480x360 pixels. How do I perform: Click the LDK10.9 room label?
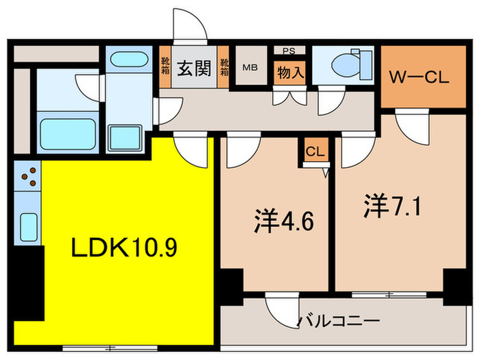(x=125, y=248)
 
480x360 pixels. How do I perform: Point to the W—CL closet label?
(x=419, y=77)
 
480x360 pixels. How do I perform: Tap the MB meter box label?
(x=250, y=67)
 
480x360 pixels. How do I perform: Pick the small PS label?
(x=289, y=50)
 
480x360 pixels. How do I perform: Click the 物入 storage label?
(x=290, y=71)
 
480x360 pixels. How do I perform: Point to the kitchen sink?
(x=28, y=224)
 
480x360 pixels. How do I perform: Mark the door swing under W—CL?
(x=412, y=125)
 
